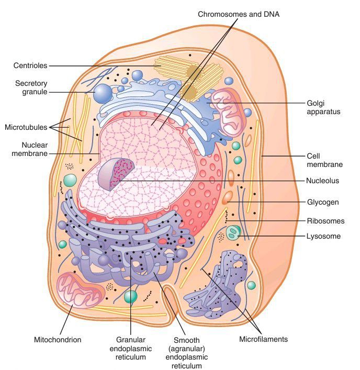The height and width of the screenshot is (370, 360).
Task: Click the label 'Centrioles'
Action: (x=30, y=65)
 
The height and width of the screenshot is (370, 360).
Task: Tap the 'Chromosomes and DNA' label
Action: (x=238, y=14)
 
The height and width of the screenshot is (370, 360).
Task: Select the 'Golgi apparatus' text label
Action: (x=324, y=107)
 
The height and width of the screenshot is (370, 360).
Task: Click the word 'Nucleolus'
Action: (x=322, y=181)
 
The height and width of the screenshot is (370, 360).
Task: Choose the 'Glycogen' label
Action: (x=323, y=201)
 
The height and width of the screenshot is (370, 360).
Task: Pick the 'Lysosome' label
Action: (x=323, y=236)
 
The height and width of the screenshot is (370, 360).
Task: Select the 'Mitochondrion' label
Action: (x=58, y=340)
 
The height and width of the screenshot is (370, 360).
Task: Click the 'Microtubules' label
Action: (x=26, y=127)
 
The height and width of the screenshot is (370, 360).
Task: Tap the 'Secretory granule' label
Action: (x=31, y=87)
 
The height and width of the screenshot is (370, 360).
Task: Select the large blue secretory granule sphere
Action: (x=103, y=94)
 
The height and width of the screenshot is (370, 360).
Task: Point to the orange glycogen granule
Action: (x=228, y=198)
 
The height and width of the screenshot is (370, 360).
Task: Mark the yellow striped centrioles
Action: (x=188, y=79)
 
